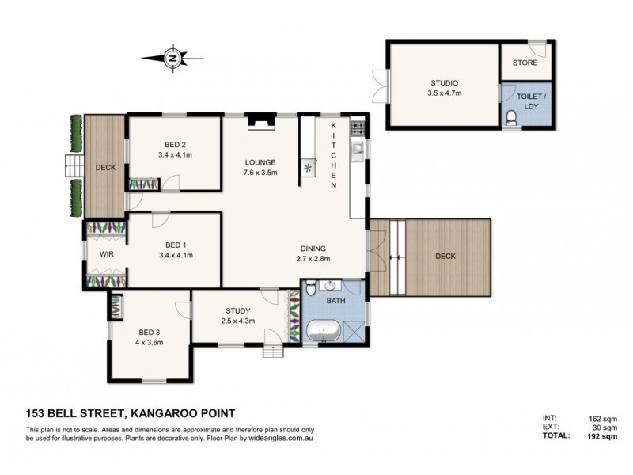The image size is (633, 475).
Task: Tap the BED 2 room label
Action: tap(175, 144)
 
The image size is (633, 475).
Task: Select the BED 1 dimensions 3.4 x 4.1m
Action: tap(176, 255)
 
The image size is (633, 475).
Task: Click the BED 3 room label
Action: tap(148, 331)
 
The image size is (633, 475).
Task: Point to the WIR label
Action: tap(106, 255)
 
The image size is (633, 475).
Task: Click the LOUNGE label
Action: tap(260, 161)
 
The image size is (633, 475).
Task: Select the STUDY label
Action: tap(237, 310)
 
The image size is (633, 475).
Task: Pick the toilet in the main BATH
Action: tap(313, 287)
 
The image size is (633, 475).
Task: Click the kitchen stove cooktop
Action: tap(357, 127)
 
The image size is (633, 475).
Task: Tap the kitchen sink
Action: tap(357, 149)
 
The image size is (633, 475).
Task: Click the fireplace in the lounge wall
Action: tap(259, 120)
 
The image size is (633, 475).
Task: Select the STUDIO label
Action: tap(444, 82)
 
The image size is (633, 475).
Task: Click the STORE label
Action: tap(525, 63)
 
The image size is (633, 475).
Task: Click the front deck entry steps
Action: tap(73, 166)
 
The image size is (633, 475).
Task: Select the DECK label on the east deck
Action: tap(445, 256)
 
